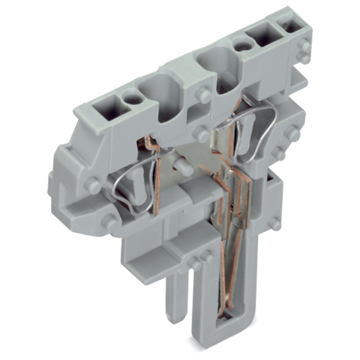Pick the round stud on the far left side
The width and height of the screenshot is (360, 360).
pos(93,186)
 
